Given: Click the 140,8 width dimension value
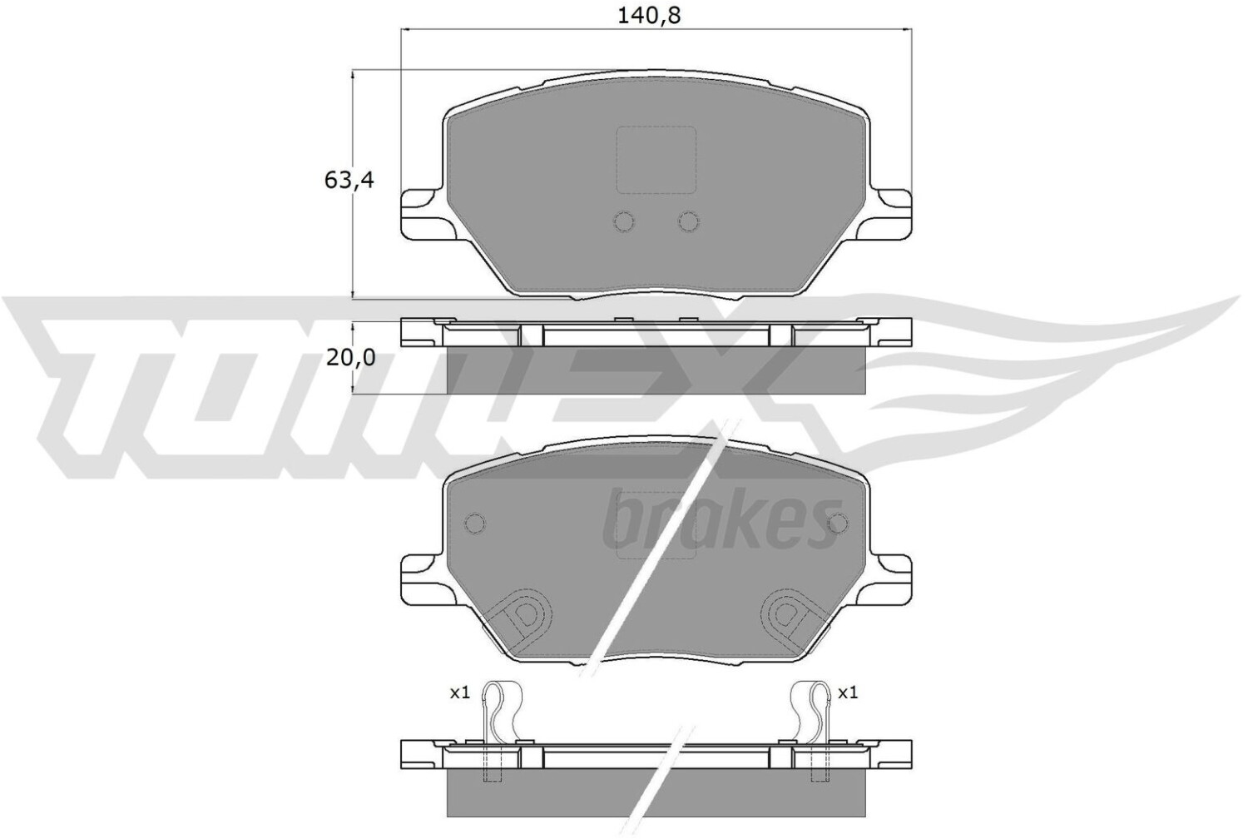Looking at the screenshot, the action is [649, 16].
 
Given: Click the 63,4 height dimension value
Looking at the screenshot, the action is [349, 180].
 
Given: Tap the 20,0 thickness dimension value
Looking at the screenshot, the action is [350, 358].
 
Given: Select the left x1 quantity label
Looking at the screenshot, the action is [460, 693].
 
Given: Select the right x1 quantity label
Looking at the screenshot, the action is [848, 693].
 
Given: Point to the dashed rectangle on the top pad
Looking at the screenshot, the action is [656, 160].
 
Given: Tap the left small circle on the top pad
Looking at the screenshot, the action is [624, 222].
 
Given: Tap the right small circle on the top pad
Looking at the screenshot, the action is [689, 222].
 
